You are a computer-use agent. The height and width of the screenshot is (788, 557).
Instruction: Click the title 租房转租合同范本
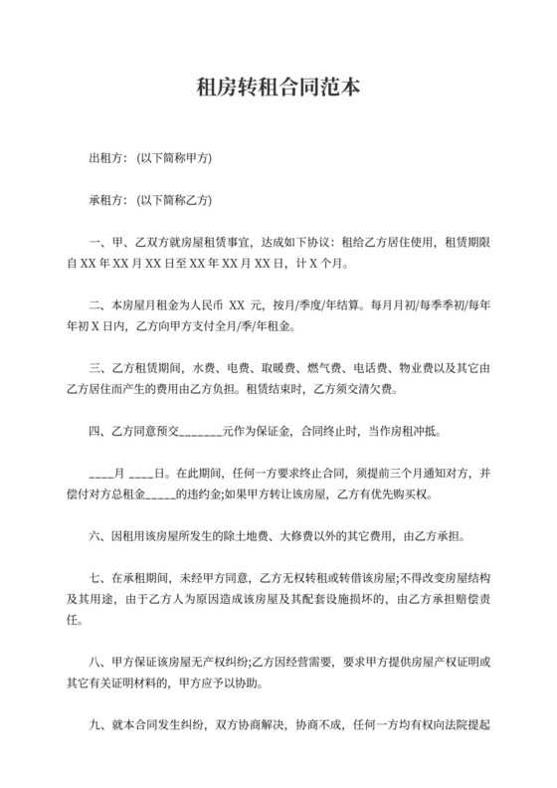click(x=278, y=89)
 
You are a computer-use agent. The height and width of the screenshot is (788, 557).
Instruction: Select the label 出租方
click(x=104, y=158)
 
